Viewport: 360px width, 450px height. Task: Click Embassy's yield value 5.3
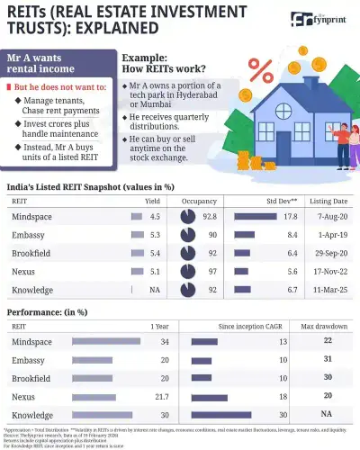click(x=154, y=235)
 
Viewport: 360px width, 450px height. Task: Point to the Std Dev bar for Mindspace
click(x=255, y=216)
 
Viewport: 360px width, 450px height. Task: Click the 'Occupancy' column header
click(x=199, y=202)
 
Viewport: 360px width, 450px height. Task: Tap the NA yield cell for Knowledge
click(x=154, y=290)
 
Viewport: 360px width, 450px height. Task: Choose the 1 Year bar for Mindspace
click(x=105, y=341)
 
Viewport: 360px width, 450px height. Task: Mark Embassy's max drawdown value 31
click(x=328, y=360)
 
